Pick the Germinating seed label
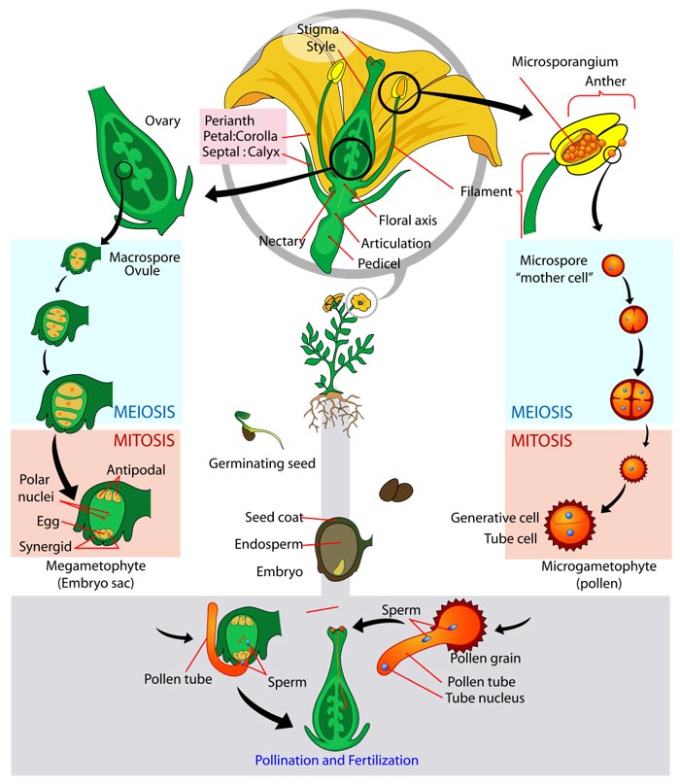[262, 463]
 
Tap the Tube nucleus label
[489, 699]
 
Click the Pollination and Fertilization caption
[336, 760]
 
